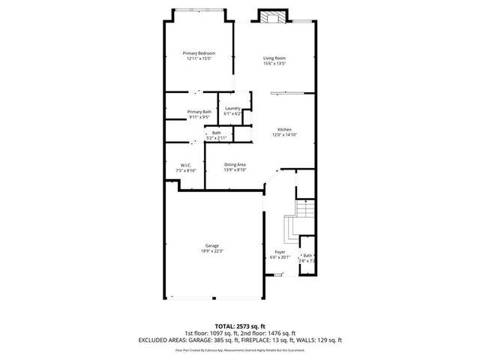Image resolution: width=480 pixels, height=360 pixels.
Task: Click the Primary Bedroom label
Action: pyautogui.click(x=199, y=53)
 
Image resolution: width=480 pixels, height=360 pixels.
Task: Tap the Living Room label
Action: pyautogui.click(x=274, y=58)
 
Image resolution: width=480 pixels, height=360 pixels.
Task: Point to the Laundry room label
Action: pyautogui.click(x=232, y=108)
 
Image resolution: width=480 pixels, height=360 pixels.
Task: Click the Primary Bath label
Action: pyautogui.click(x=199, y=112)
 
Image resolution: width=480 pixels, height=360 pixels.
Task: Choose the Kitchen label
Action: pyautogui.click(x=284, y=129)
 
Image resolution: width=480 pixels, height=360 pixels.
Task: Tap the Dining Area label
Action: pyautogui.click(x=235, y=164)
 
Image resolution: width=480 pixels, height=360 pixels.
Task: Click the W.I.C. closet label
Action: pyautogui.click(x=186, y=165)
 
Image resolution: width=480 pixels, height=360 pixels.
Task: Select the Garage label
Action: pyautogui.click(x=212, y=245)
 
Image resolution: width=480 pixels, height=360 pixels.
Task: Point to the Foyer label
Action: pyautogui.click(x=279, y=252)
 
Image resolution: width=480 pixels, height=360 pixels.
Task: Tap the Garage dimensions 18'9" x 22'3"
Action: pyautogui.click(x=212, y=250)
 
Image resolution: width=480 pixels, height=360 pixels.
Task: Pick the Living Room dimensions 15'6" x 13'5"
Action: pyautogui.click(x=274, y=64)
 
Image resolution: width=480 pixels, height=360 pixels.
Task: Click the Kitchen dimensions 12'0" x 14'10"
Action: pyautogui.click(x=284, y=134)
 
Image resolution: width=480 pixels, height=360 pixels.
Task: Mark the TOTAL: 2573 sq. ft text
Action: pyautogui.click(x=240, y=327)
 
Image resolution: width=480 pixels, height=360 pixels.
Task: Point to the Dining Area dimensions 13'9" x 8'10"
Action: pyautogui.click(x=235, y=169)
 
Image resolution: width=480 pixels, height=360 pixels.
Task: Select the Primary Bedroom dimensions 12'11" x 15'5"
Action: pyautogui.click(x=199, y=58)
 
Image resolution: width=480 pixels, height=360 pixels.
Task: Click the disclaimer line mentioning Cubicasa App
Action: pyautogui.click(x=240, y=350)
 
